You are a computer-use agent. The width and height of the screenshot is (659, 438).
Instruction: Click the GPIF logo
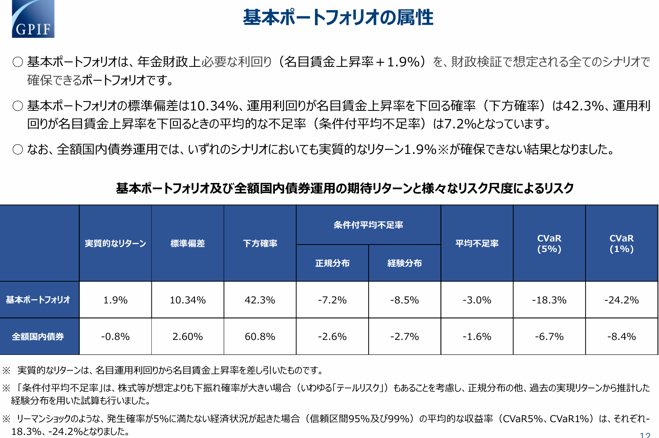point(33,19)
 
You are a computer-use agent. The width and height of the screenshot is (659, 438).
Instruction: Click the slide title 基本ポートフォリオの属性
point(338,18)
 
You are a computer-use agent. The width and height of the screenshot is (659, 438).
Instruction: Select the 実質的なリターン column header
point(115,244)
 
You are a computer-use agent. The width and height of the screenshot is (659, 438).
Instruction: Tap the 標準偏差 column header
point(188,244)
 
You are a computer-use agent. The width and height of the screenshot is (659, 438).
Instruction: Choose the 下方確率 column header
point(260,244)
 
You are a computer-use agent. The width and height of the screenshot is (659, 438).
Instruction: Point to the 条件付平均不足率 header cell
point(368,225)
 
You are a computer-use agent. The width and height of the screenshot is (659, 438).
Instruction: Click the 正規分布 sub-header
point(332,263)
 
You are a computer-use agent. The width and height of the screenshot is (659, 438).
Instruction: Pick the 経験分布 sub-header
point(404,263)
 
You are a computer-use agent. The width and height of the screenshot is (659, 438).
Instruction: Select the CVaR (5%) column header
point(549,244)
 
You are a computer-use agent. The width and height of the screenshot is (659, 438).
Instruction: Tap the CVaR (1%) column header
point(621,244)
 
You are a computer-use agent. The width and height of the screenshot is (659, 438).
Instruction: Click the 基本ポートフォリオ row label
point(38,300)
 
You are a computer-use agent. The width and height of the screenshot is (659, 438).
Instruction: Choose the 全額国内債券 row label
point(38,337)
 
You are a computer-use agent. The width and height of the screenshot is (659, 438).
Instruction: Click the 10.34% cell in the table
point(188,300)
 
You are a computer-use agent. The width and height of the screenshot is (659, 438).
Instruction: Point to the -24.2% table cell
point(621,300)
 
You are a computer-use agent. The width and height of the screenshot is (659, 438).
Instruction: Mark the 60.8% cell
point(260,337)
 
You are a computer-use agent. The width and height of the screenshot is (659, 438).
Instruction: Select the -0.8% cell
point(115,337)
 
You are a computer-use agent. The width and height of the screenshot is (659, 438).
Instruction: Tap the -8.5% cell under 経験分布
point(404,300)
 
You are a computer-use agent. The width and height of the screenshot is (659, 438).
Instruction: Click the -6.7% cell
point(549,337)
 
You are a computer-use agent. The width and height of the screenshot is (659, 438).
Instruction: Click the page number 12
point(645,435)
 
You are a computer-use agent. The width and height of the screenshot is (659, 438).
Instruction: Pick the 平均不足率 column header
point(477,244)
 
